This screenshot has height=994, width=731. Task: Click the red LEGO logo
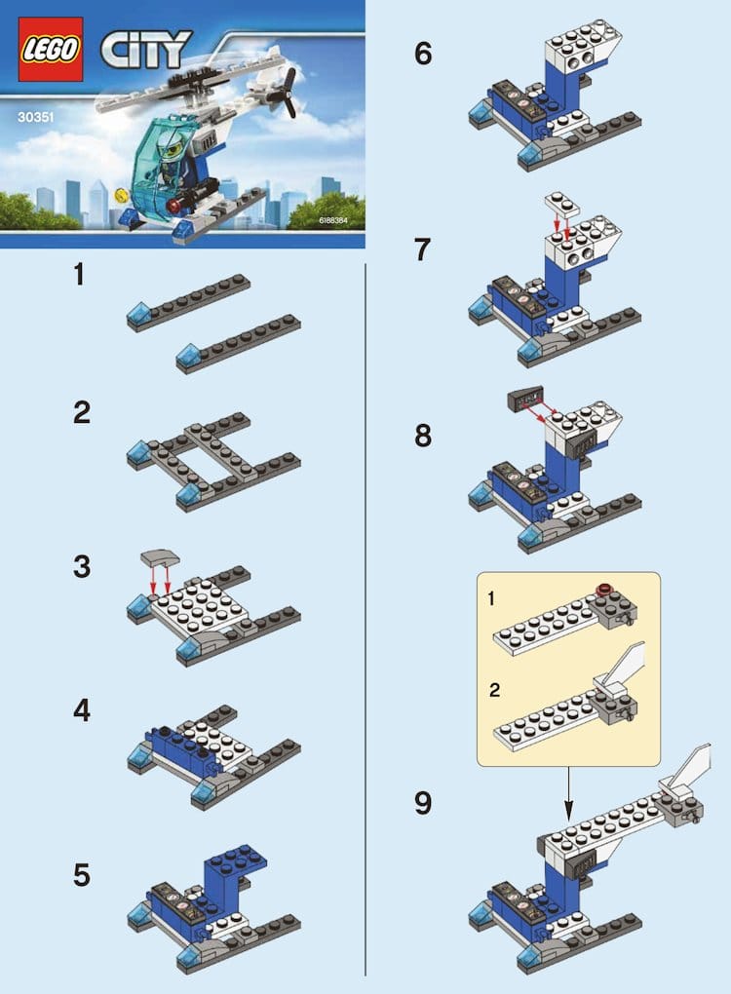pyautogui.click(x=51, y=50)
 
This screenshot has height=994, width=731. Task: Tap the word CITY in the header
pyautogui.click(x=146, y=50)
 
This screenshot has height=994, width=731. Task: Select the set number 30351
pyautogui.click(x=35, y=117)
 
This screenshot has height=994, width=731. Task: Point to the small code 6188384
pyautogui.click(x=333, y=220)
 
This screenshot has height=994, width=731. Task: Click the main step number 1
pyautogui.click(x=79, y=275)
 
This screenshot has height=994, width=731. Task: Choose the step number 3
pyautogui.click(x=82, y=567)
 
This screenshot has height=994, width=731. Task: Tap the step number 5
pyautogui.click(x=82, y=875)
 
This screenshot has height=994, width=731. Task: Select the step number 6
pyautogui.click(x=423, y=54)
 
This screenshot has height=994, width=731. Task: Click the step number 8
pyautogui.click(x=423, y=437)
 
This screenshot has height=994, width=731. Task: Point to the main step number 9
pyautogui.click(x=423, y=803)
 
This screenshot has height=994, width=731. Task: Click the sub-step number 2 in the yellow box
pyautogui.click(x=494, y=690)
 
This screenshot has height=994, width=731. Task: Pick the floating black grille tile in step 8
pyautogui.click(x=525, y=399)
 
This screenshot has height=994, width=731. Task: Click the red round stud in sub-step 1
pyautogui.click(x=604, y=588)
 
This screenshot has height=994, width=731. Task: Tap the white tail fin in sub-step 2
pyautogui.click(x=625, y=666)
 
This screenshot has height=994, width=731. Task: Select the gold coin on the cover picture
pyautogui.click(x=119, y=194)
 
